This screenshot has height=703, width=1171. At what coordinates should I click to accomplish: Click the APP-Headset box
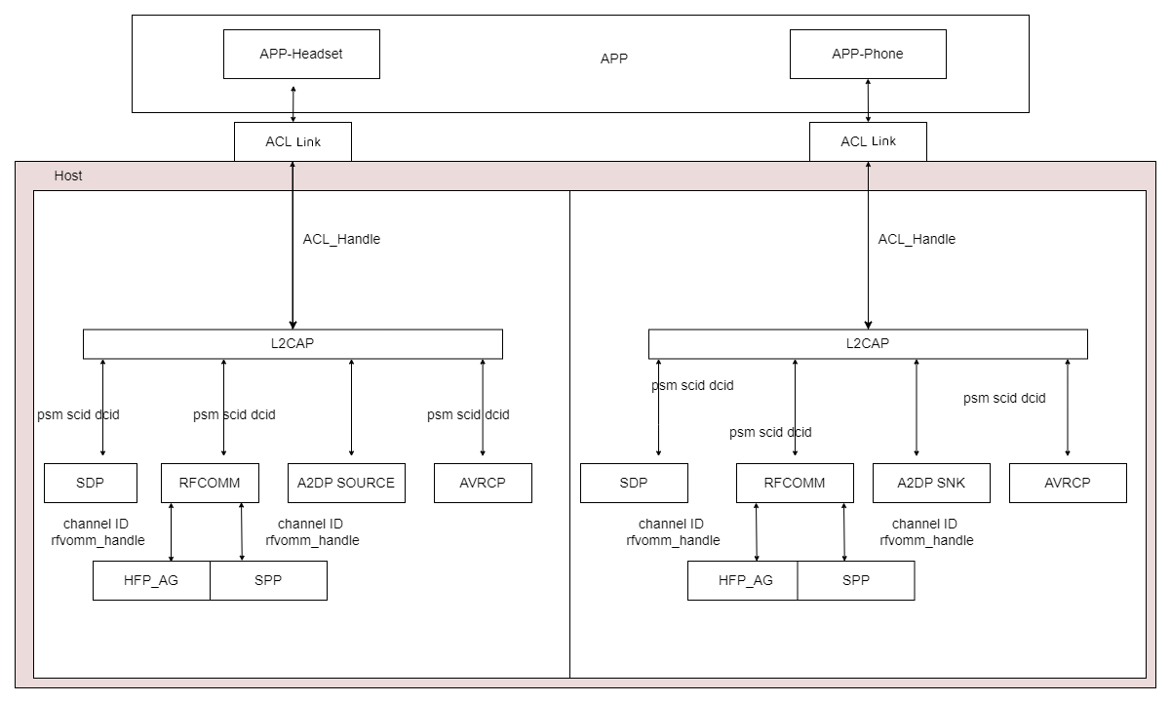(301, 54)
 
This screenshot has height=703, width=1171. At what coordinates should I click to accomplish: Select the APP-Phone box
(868, 54)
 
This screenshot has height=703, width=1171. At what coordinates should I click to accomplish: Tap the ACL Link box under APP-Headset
(293, 141)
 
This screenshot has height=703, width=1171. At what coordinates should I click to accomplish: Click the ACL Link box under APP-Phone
(868, 141)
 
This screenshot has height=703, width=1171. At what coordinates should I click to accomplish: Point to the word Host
(68, 176)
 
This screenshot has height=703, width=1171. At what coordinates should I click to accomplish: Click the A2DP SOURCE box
(346, 483)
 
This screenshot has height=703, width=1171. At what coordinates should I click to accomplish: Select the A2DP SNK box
(931, 483)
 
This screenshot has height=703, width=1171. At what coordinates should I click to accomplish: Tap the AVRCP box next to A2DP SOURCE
(483, 483)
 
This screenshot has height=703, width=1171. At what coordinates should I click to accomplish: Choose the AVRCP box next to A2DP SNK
(1068, 483)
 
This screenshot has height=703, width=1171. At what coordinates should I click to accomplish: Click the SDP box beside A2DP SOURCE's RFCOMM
(91, 483)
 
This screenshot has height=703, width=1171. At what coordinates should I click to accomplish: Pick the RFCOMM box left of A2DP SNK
(795, 483)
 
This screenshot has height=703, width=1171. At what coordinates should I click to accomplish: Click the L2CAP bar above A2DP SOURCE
(293, 344)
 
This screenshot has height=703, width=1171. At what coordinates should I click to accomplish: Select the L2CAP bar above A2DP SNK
(868, 344)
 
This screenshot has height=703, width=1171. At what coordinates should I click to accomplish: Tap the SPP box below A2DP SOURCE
(269, 581)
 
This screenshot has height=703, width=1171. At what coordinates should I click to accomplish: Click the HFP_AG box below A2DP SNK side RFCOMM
(743, 581)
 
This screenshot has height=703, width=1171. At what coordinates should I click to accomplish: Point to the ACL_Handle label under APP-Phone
(917, 239)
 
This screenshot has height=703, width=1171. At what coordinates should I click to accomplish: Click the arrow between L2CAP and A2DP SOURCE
(351, 408)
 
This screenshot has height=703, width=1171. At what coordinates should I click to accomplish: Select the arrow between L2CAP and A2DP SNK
(917, 408)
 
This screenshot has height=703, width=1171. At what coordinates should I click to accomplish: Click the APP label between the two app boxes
(613, 59)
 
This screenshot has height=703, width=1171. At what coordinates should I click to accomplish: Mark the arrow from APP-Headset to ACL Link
(293, 104)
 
